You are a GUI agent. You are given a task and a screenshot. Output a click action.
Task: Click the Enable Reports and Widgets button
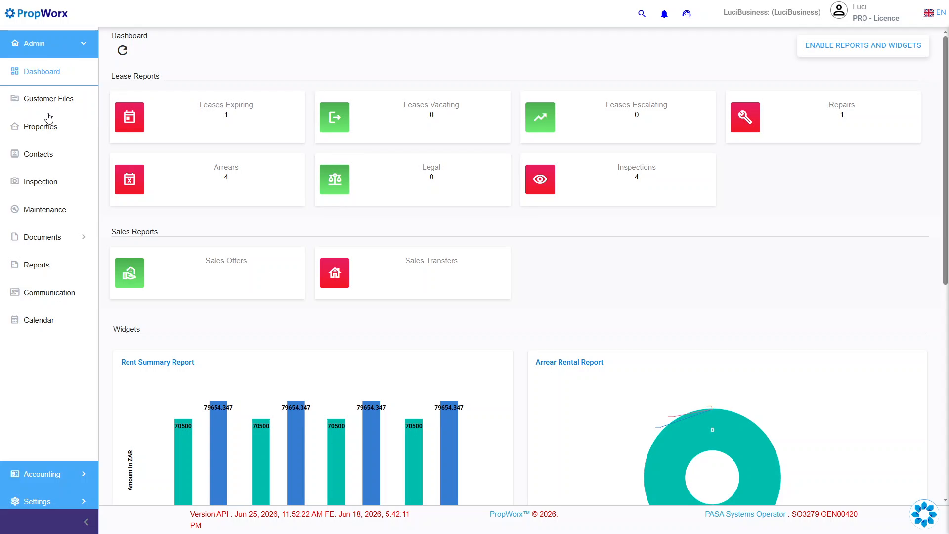coord(863,45)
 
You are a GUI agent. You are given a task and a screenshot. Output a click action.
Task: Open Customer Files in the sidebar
coord(48,99)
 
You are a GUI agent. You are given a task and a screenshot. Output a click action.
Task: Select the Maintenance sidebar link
coord(44,210)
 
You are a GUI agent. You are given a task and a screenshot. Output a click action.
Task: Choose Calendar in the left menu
coord(39,320)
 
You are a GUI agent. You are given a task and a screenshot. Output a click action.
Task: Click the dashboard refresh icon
coord(123,50)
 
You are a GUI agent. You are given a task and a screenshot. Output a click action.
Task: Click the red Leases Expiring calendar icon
coord(129,117)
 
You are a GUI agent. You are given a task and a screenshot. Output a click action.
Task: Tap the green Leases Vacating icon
coord(335,117)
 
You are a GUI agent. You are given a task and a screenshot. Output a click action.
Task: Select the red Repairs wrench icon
coord(745,117)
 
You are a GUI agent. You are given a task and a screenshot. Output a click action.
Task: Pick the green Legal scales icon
coord(335,179)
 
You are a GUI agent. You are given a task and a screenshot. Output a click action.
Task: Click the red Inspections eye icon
coord(540,179)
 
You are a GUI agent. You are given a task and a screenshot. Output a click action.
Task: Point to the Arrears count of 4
coord(226,177)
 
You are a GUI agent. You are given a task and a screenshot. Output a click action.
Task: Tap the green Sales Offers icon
coord(129,273)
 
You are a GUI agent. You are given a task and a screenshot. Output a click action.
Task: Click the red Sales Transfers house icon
coord(335,273)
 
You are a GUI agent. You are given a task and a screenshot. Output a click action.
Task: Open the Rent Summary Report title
coord(158,362)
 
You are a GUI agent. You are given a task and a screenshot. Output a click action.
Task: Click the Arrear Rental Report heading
coord(569,362)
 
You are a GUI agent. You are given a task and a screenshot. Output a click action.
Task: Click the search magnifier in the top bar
coord(642,14)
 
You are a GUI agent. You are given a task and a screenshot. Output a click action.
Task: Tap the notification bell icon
coord(664,14)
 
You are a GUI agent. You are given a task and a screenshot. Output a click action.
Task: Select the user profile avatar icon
coord(839,10)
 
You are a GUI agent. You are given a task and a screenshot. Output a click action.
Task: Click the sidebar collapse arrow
coord(86,522)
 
